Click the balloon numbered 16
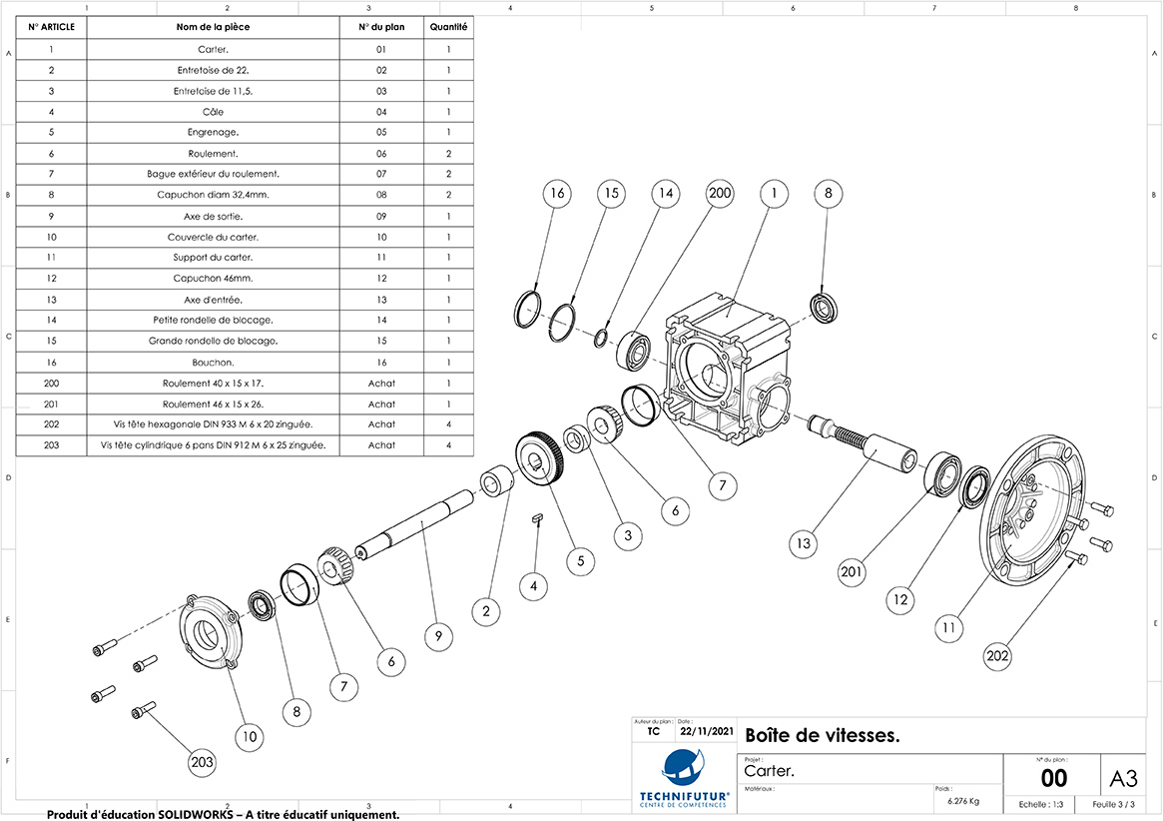557,194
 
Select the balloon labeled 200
720,194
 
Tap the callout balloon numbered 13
804,545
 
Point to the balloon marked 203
203,762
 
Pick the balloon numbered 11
949,628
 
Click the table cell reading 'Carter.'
213,49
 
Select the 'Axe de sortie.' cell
213,216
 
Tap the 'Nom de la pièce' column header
213,27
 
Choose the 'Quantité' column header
449,27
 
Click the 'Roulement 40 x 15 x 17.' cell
213,383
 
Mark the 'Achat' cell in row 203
381,445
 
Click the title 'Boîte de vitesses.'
823,736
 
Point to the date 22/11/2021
707,732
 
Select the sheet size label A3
1123,777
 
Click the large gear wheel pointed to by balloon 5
542,462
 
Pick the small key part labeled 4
536,517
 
